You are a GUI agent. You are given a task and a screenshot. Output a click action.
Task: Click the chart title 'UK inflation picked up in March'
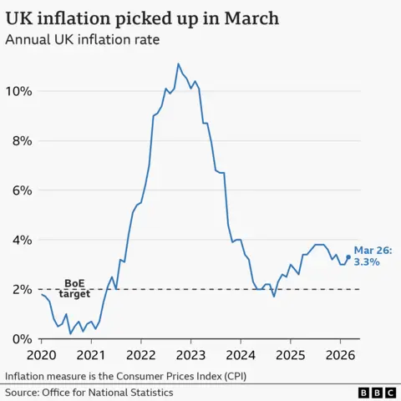143,18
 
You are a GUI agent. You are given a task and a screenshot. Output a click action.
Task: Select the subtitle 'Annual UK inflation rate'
83,39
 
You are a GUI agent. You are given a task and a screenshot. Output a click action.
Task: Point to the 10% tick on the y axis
19,91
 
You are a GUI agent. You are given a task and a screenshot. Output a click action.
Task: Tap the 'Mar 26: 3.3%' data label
372,256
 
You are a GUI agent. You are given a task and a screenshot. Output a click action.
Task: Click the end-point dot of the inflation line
348,257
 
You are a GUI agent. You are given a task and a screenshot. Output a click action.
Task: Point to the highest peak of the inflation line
178,64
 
